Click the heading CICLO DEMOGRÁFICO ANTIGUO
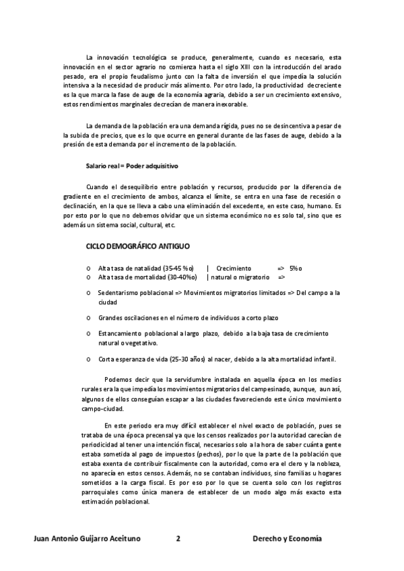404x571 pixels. click(138, 247)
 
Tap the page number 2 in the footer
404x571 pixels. click(178, 539)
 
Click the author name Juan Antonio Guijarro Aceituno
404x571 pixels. click(91, 539)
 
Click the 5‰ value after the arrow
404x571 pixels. click(296, 267)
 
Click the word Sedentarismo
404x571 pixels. click(120, 293)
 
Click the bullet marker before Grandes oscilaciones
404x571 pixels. click(89, 318)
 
